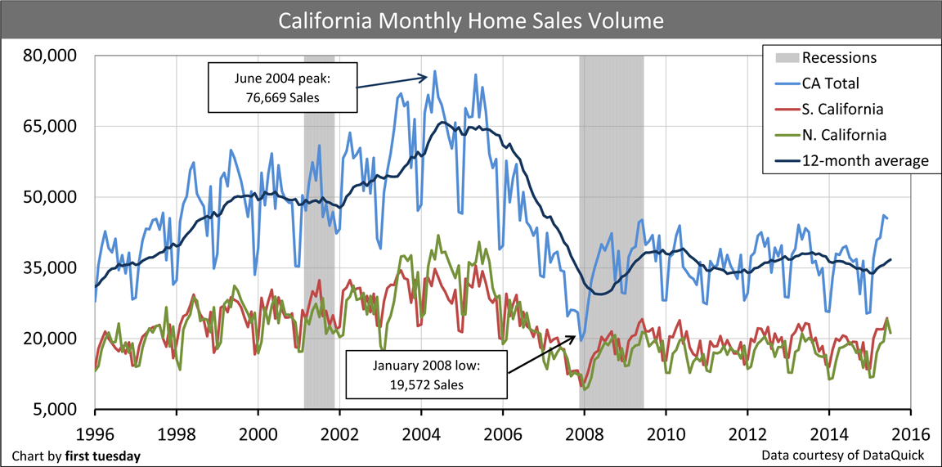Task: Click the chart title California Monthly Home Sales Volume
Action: point(470,20)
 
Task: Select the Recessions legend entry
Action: point(839,58)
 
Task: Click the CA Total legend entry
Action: point(830,83)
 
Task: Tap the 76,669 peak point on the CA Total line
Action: point(434,71)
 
